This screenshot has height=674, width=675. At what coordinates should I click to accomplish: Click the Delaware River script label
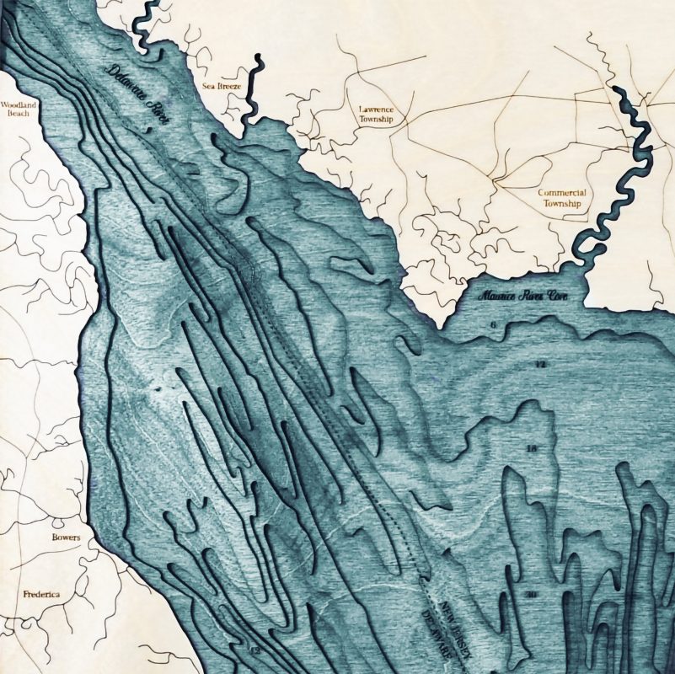point(140,95)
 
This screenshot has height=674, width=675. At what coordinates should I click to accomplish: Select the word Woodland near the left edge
point(15,106)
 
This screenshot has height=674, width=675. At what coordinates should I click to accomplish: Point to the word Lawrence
point(376,110)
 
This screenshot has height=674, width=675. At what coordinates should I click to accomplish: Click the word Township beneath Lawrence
point(376,120)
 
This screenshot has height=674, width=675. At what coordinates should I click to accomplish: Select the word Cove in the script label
point(555,296)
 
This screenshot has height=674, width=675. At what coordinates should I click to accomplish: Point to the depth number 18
point(530,448)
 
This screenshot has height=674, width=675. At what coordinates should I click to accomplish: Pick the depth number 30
point(530,596)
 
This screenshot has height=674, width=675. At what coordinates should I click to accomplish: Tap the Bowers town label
point(66,538)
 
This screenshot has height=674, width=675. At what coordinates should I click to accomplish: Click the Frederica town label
point(41,594)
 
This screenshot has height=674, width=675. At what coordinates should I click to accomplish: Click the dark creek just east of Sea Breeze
point(251,93)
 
